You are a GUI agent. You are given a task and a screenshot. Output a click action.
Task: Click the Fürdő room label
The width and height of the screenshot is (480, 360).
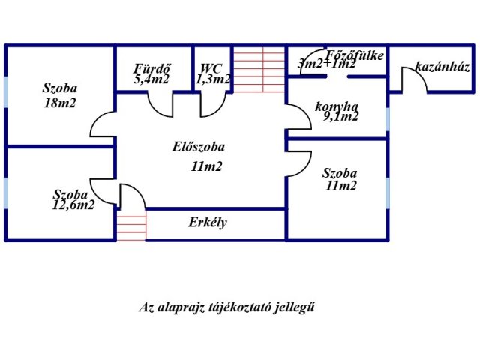pyautogui.click(x=151, y=66)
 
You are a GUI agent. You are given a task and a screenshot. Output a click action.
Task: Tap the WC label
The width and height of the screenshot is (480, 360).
pyautogui.click(x=210, y=66)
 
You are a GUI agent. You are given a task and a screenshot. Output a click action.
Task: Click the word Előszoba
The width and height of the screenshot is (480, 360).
pyautogui.click(x=198, y=148)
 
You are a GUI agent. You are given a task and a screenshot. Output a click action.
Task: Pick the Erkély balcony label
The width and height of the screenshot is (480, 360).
pyautogui.click(x=208, y=223)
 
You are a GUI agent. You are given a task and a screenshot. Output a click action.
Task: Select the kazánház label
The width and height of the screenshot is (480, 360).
pyautogui.click(x=442, y=67)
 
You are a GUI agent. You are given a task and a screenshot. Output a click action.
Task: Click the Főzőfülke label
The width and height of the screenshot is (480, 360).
pyautogui.click(x=355, y=54)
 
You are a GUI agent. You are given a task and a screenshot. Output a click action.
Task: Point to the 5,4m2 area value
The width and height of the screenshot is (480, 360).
pyautogui.click(x=151, y=78)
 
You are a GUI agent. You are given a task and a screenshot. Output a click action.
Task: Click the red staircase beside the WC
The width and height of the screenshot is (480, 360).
pyautogui.click(x=259, y=69)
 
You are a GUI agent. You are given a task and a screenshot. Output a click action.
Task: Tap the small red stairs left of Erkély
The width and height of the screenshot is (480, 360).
pyautogui.click(x=130, y=227)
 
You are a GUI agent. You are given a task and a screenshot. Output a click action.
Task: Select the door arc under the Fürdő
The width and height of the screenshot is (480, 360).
pyautogui.click(x=159, y=104)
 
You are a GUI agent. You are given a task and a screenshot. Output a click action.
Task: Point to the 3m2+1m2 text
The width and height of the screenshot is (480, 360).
pyautogui.click(x=326, y=64)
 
